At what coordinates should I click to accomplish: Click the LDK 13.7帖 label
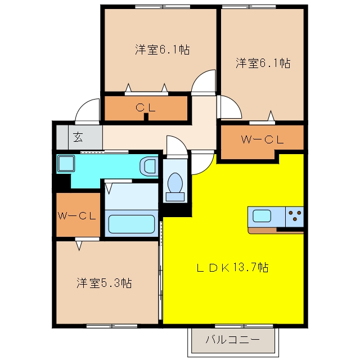232,268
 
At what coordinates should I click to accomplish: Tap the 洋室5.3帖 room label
104,283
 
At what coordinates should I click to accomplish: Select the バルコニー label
232,340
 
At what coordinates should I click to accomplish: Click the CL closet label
146,107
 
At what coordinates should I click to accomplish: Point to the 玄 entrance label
78,137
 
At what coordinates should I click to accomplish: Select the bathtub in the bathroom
131,224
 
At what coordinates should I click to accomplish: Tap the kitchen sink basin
262,216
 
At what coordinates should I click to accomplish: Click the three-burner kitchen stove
295,217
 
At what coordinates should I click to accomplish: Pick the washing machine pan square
66,164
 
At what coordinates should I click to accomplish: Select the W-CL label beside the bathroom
76,216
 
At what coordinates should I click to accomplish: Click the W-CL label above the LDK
263,139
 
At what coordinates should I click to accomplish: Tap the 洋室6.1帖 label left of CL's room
163,49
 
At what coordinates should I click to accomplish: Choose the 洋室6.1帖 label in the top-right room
263,63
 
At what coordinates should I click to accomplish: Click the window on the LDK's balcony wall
244,326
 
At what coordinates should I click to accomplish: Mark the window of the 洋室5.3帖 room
112,326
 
